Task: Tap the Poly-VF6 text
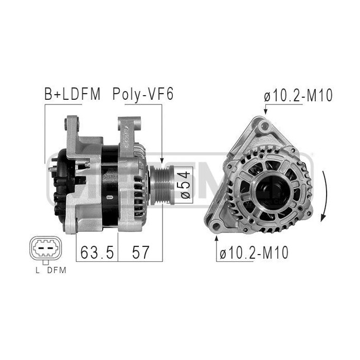point(143,95)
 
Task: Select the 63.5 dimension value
point(96,252)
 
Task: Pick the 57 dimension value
point(140,252)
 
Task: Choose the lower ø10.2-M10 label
point(254,253)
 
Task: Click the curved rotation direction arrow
point(324,195)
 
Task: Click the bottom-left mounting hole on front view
point(217,225)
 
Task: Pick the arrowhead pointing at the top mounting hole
point(264,111)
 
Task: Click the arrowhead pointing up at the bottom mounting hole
point(217,238)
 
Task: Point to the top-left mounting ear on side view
point(73,124)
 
